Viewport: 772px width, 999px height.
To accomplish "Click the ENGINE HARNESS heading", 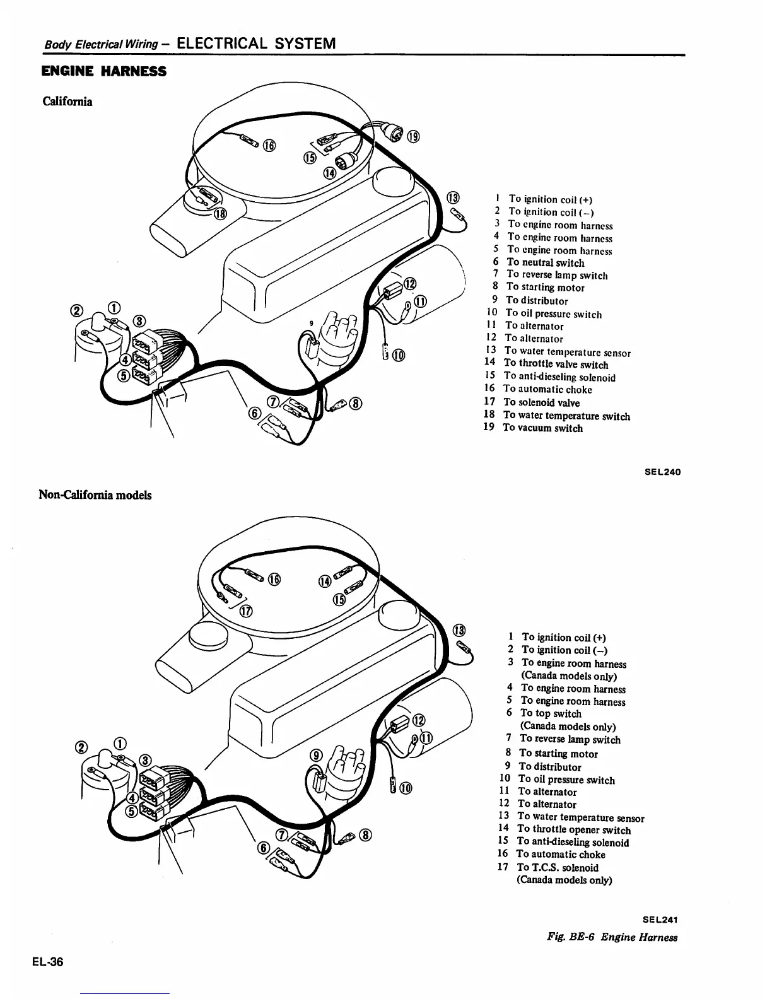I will pyautogui.click(x=103, y=72).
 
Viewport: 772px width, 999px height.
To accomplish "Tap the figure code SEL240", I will pyautogui.click(x=662, y=472).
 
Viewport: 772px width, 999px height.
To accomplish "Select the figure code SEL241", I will pyautogui.click(x=660, y=920).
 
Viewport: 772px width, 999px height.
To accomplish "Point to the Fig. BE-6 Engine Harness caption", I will pyautogui.click(x=612, y=937).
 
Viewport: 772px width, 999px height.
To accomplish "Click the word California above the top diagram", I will pyautogui.click(x=67, y=102).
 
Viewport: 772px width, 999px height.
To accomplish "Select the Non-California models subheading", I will pyautogui.click(x=95, y=495).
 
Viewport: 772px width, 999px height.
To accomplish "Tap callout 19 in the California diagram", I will pyautogui.click(x=413, y=136).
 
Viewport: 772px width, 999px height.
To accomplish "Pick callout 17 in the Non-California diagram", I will pyautogui.click(x=246, y=610).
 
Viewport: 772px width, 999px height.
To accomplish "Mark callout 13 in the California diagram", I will pyautogui.click(x=454, y=197).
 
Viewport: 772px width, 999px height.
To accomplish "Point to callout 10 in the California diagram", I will pyautogui.click(x=399, y=355).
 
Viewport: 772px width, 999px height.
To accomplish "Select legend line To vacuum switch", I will pyautogui.click(x=542, y=428).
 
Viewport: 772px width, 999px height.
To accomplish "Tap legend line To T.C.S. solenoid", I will pyautogui.click(x=557, y=867).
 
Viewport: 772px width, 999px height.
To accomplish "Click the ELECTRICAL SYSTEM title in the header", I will pyautogui.click(x=256, y=44).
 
